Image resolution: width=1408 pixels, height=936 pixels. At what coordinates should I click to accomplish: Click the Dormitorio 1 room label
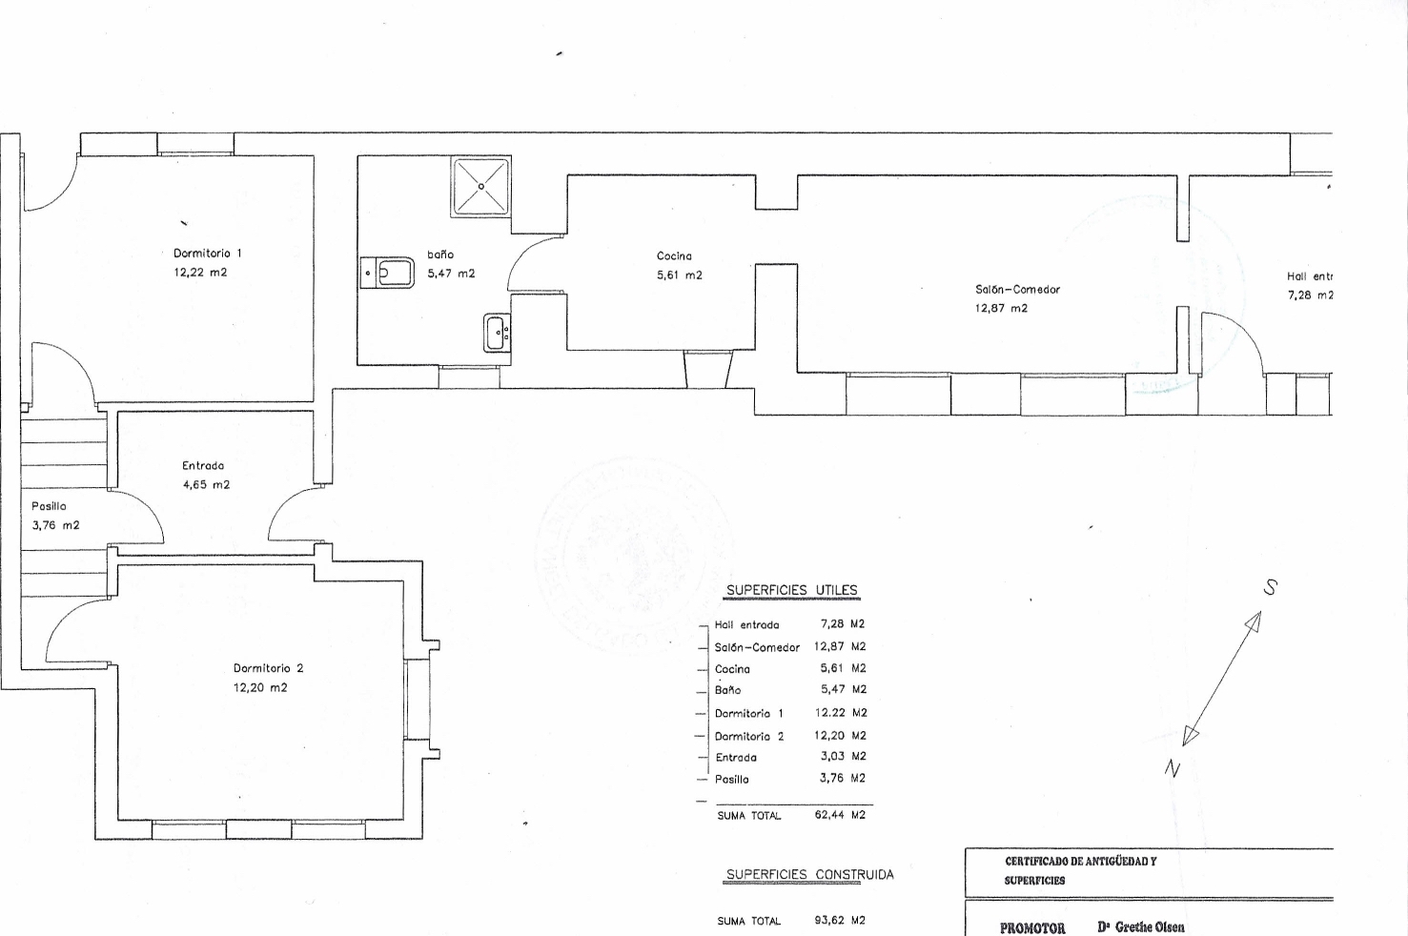point(207,254)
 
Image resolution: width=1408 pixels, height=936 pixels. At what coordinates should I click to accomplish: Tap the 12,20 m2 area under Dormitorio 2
point(259,688)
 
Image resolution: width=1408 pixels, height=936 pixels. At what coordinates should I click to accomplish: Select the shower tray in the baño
point(480,186)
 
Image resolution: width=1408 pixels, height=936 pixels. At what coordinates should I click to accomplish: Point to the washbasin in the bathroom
point(497,333)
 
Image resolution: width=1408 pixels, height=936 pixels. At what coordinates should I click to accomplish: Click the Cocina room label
point(674,256)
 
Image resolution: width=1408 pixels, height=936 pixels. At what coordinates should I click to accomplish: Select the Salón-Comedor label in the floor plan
point(1017,290)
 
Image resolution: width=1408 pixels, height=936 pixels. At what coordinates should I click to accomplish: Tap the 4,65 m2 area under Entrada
point(206,485)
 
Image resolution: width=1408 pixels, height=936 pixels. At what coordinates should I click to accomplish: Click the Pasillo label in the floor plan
point(49,507)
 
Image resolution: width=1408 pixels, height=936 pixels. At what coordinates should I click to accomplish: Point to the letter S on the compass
point(1269,588)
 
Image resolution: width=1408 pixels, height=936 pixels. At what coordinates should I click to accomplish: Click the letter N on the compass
point(1173,769)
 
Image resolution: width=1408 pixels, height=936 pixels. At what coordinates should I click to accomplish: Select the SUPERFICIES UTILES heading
point(791,591)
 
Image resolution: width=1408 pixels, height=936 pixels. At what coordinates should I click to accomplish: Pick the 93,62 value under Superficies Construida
point(829,922)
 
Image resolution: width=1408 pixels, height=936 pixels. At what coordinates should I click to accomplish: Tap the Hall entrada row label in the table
point(746,625)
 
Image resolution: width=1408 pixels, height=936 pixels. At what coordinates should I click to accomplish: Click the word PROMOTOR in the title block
point(1031,927)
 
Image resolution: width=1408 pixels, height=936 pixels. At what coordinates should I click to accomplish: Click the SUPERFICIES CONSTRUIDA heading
point(809,875)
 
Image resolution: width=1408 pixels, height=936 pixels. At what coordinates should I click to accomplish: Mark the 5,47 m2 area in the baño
point(451,274)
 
